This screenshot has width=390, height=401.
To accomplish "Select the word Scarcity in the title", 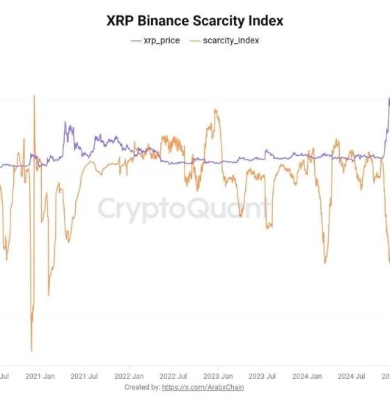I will point(219,21).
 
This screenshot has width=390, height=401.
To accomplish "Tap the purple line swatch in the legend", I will point(136,40).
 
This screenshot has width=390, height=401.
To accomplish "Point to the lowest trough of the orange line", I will point(31,350).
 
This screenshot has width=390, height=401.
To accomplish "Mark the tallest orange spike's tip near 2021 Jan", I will point(33,95).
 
